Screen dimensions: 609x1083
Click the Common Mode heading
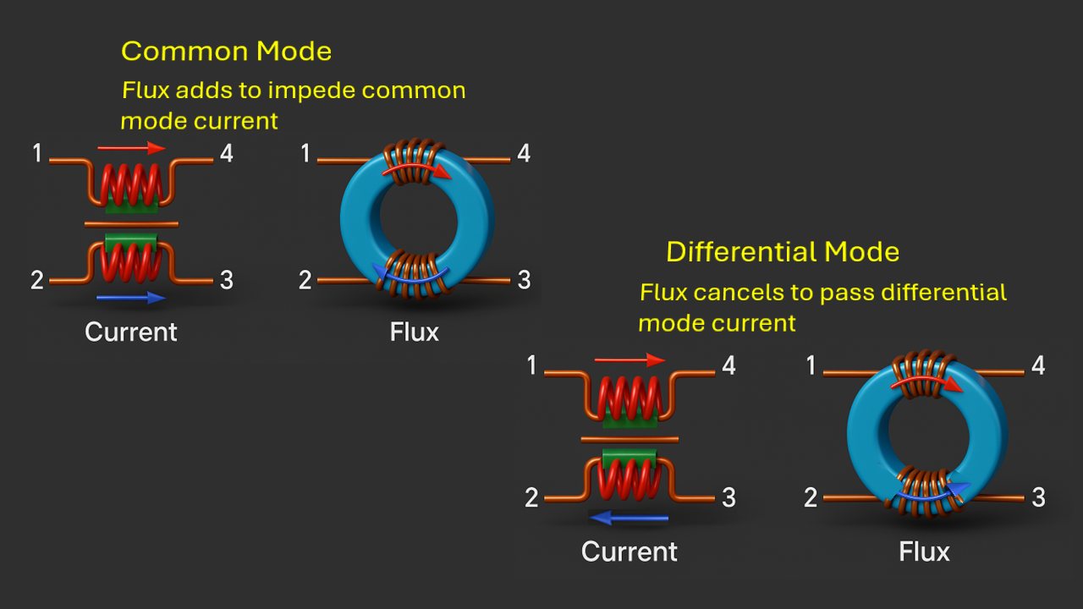tap(226, 52)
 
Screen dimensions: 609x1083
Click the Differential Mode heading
tap(783, 252)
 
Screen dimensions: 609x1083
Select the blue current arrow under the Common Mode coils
tap(131, 298)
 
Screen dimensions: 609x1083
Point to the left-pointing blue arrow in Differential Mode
tap(629, 518)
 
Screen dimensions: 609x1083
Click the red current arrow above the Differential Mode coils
tap(630, 360)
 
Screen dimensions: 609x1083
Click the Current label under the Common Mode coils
tap(131, 332)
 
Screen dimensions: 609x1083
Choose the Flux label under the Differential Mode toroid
tap(924, 552)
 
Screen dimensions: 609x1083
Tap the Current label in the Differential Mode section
tap(629, 552)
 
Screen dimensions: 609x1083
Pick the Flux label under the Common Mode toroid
tap(415, 332)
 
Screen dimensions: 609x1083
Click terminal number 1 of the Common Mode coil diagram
tap(37, 153)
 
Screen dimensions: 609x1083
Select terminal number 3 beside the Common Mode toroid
tap(524, 280)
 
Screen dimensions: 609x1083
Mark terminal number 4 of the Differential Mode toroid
tap(1038, 365)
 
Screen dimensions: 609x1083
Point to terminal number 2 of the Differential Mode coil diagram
tap(531, 498)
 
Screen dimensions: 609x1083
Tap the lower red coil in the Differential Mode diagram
tap(629, 480)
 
